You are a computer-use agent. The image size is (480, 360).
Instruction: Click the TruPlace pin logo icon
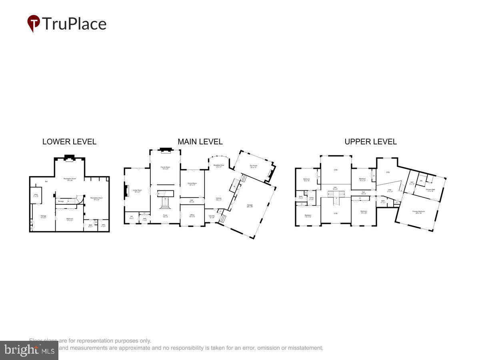point(34,23)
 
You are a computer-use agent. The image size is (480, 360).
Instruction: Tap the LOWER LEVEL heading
point(69,142)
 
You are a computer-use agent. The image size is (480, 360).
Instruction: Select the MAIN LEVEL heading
point(200,142)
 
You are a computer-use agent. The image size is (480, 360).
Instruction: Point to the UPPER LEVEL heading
point(370,142)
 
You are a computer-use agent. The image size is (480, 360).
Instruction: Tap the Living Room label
point(137,191)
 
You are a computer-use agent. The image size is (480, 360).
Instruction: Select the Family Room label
point(165,168)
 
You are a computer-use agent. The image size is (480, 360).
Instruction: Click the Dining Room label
point(192,184)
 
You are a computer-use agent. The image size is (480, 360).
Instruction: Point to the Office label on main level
point(192,216)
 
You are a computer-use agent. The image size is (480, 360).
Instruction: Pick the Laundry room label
point(212,216)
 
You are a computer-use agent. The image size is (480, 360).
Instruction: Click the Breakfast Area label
point(218,166)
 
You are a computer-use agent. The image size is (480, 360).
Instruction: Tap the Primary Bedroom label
point(418,212)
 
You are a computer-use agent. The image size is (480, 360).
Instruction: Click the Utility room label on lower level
point(36,196)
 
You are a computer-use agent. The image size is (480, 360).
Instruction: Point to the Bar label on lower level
point(46,182)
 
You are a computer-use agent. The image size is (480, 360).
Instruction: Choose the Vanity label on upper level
point(311,198)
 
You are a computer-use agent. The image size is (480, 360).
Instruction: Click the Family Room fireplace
point(165,150)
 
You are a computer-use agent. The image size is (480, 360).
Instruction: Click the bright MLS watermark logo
point(29,350)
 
